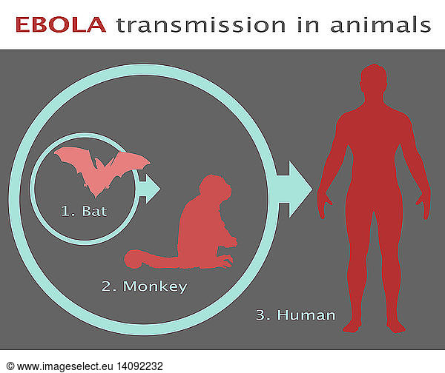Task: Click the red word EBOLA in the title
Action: pos(61,24)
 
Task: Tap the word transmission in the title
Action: pos(201,24)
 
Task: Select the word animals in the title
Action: pos(380,24)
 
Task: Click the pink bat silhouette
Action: pos(102,171)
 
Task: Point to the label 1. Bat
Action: pos(84,211)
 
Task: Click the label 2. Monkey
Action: pos(144,286)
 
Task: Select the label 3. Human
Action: pos(295,315)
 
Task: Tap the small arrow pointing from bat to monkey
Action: pos(149,189)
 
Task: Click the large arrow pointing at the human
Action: pos(294,189)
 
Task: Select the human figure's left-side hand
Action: pos(323,206)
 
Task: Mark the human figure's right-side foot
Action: pos(397,326)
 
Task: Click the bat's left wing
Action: pos(73,159)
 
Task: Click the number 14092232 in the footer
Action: pos(140,366)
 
